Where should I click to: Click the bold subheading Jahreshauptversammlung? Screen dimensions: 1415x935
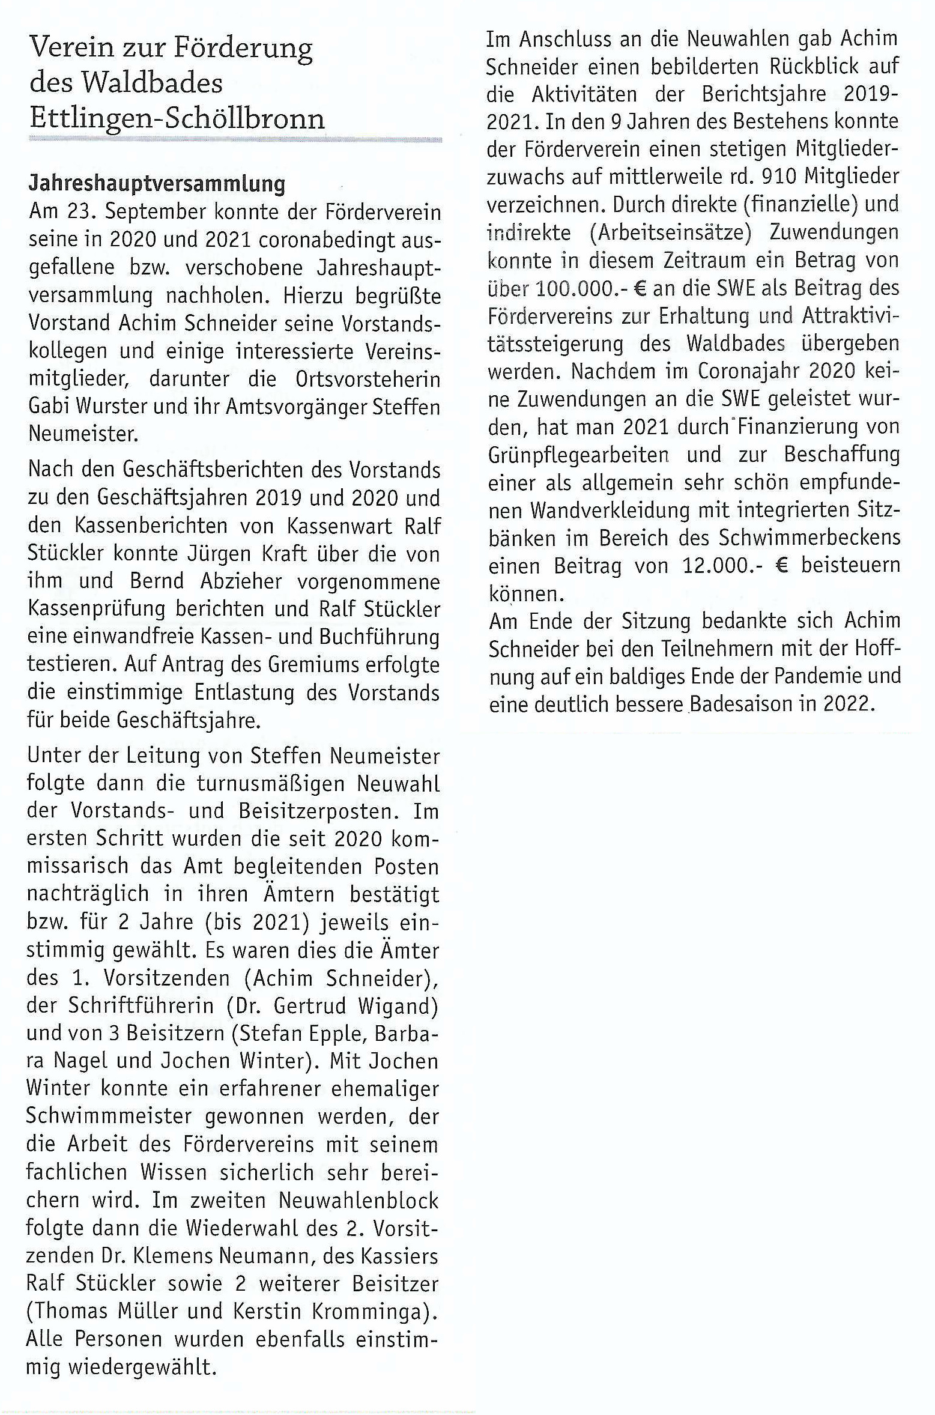point(157,183)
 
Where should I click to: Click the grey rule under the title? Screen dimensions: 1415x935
point(235,140)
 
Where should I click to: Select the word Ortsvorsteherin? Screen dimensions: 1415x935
point(368,379)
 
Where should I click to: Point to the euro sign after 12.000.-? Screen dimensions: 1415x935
point(782,565)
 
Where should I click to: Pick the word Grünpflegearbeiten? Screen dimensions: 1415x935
point(579,455)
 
